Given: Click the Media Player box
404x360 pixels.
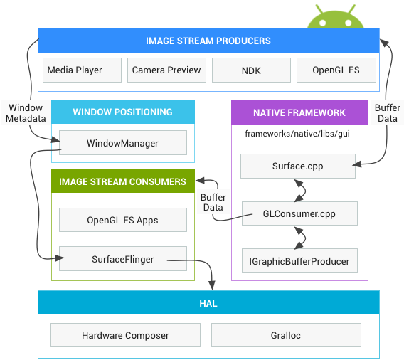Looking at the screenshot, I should coord(75,70).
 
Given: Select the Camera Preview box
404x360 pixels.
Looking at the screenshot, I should coord(167,70).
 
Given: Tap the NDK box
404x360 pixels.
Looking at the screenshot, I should coord(251,70).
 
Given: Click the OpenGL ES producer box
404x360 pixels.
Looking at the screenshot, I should coord(336,70).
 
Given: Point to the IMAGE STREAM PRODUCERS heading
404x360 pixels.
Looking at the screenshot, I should coord(208,41).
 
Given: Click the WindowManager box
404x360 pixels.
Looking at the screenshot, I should coord(122,143).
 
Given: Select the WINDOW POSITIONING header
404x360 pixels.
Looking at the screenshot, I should coord(122,112).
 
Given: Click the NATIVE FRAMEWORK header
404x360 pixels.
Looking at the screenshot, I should coord(299,112).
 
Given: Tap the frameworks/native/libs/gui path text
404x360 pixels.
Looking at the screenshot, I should coord(297,133).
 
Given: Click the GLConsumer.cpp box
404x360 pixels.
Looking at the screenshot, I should coord(299,213).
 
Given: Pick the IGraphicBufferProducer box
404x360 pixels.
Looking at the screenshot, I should coord(299,261).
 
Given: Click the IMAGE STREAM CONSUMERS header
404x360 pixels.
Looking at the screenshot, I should coord(122,182).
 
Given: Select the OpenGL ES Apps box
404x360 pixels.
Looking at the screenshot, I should coord(122,220).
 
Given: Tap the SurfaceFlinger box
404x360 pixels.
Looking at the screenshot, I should coord(122,259).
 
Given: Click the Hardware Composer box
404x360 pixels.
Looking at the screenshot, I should coord(125,335).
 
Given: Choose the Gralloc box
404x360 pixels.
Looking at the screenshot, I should coord(286,335).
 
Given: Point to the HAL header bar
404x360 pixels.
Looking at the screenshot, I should coord(208,303).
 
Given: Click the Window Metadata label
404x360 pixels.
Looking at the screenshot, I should coord(26,113).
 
